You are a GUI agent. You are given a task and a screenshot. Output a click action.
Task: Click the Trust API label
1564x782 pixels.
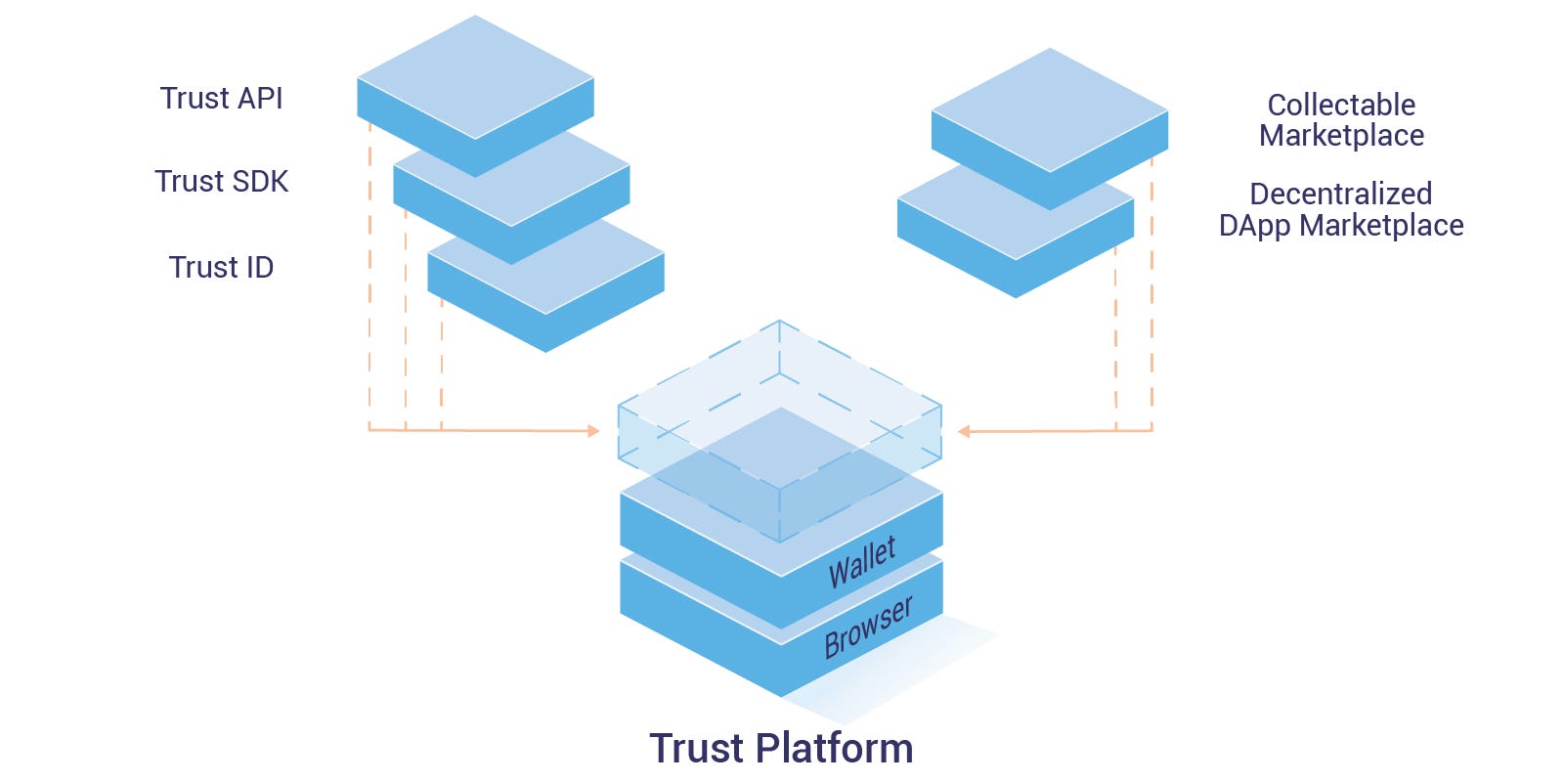click(222, 99)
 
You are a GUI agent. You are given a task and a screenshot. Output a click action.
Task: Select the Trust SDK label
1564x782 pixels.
click(222, 182)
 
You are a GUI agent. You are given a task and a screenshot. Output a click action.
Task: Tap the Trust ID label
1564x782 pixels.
click(221, 268)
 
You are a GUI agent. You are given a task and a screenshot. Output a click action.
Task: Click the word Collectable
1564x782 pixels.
click(1341, 105)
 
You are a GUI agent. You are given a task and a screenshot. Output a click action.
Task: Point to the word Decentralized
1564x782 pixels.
click(1340, 194)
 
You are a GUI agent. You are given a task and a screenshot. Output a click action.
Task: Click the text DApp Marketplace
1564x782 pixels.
click(1340, 226)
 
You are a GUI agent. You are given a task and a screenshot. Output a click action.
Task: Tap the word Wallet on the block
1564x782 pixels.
click(861, 563)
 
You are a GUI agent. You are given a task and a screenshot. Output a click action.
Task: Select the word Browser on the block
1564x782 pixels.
click(868, 627)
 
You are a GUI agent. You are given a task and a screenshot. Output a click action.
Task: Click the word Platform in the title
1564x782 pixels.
click(835, 748)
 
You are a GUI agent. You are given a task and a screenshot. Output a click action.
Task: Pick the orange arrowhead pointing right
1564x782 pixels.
click(593, 430)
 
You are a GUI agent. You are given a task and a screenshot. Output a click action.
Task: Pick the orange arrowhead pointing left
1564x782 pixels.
click(964, 431)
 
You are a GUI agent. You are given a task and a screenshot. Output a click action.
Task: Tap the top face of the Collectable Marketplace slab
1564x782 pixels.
click(1050, 109)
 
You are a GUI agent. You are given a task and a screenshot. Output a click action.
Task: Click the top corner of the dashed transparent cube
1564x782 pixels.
click(779, 322)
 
